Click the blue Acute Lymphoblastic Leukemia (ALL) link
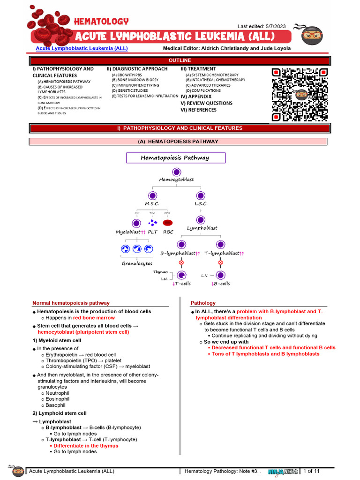point(82,48)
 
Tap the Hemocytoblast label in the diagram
point(176,180)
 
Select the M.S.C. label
point(152,204)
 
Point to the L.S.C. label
point(201,204)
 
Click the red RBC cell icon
point(168,223)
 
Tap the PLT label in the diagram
point(153,232)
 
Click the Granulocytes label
point(136,263)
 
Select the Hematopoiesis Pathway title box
point(176,158)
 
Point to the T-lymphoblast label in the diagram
point(221,253)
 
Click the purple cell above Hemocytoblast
point(176,172)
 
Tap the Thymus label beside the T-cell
point(160,272)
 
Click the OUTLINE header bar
point(180,60)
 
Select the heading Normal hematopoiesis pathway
point(71,303)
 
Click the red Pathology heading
point(203,303)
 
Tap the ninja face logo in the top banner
point(312,35)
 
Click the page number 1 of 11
point(312,471)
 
